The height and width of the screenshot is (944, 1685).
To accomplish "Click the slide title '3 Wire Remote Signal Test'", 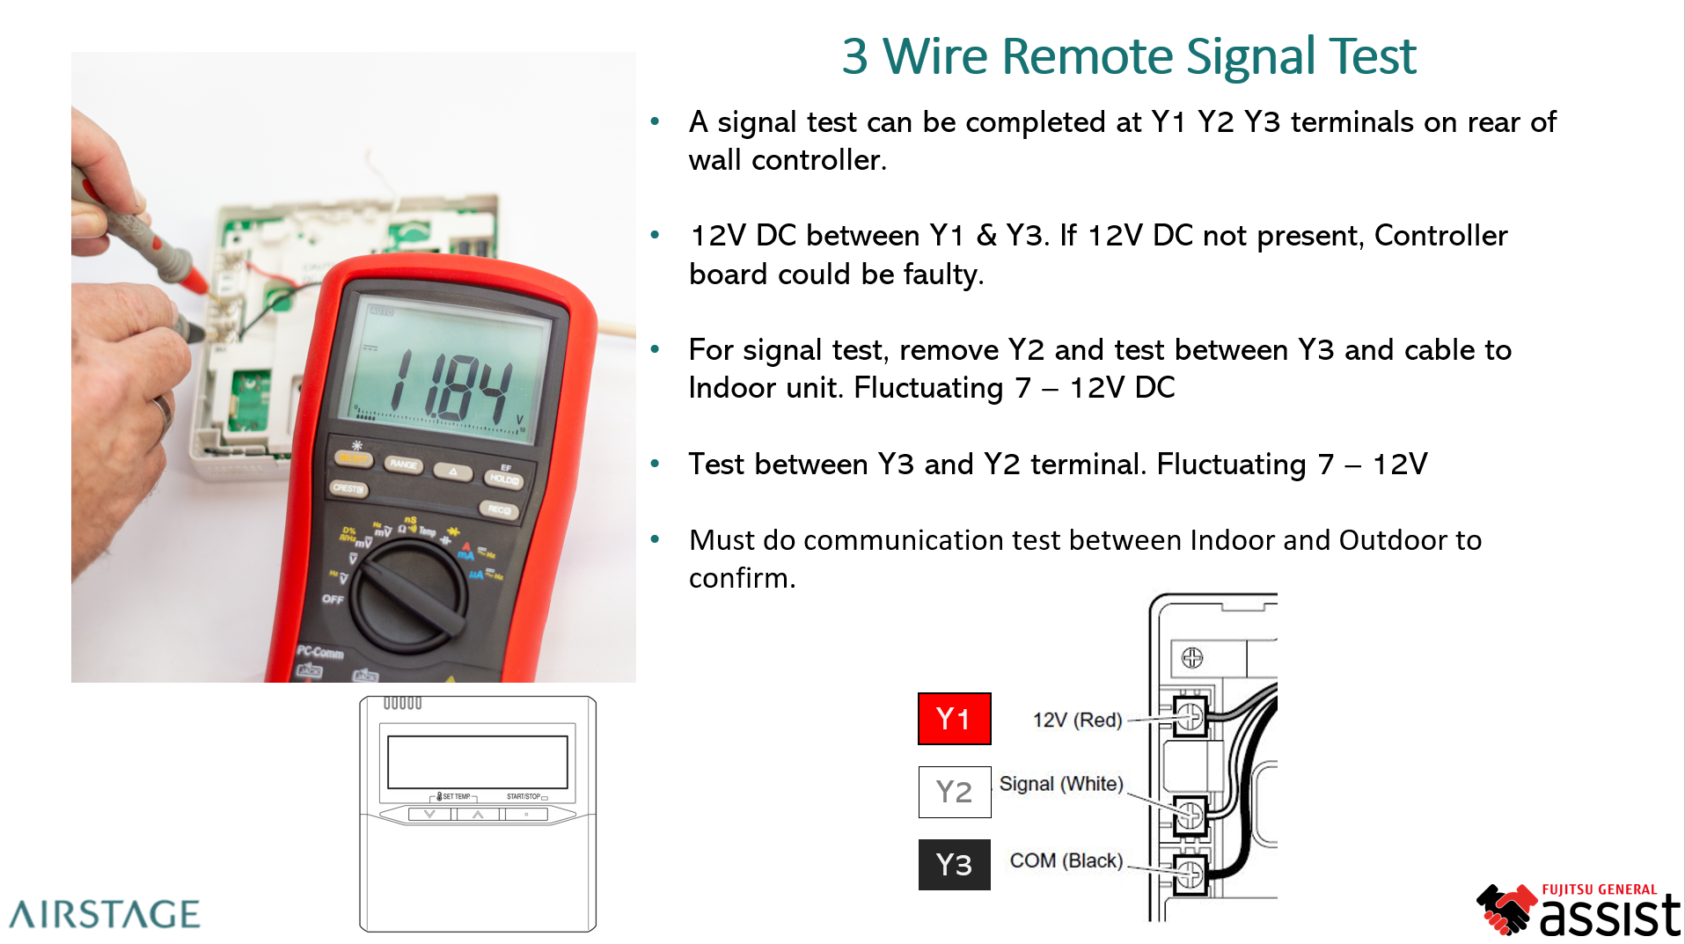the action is pos(1128,56).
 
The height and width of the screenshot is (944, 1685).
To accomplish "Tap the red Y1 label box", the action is pos(954,719).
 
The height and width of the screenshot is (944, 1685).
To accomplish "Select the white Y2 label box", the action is pos(954,792).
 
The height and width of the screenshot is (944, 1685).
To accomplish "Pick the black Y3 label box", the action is pos(954,865).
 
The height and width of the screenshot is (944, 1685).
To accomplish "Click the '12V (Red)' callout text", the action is pos(1077,720).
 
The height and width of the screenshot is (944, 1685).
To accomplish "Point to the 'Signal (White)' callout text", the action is pos(1061,783).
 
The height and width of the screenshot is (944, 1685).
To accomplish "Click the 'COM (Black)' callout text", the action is pos(1066,860).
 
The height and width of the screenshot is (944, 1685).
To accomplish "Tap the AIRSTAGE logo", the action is pos(105,914).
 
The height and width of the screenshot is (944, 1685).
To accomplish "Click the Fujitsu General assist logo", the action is pos(1579,910).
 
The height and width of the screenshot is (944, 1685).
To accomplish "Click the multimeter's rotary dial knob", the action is pos(410,596).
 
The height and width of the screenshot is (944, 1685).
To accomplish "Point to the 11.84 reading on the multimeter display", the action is pos(451,384).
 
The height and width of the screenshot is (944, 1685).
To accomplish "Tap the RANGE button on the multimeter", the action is pos(404,465).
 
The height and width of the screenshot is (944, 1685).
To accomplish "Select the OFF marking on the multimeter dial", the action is pos(333,599).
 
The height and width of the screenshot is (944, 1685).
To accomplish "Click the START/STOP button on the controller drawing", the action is pos(526,815).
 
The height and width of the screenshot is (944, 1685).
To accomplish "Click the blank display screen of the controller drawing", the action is pos(477,762).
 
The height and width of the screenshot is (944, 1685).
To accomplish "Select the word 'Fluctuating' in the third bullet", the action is pos(928,388).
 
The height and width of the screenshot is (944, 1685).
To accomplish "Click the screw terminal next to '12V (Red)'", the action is pos(1190,717).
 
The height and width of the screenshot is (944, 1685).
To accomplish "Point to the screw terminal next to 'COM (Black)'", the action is pos(1189,874).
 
